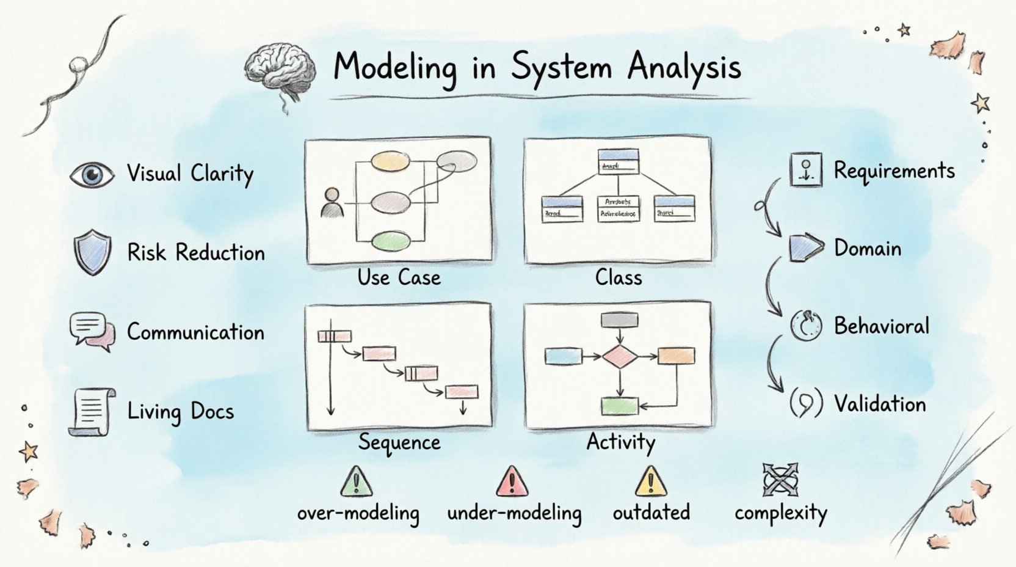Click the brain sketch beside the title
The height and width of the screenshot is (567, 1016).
tap(280, 70)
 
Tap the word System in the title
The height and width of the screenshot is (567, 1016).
tap(562, 67)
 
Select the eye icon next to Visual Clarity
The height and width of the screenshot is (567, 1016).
tap(92, 175)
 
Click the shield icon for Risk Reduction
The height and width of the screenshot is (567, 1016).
tap(92, 252)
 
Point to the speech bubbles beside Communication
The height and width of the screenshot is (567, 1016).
tap(92, 332)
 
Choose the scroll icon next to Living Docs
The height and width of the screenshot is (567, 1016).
tap(92, 412)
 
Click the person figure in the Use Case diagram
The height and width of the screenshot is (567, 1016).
tap(332, 203)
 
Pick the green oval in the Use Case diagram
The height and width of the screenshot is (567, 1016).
tap(391, 241)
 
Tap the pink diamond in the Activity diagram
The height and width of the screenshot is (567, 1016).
tap(620, 356)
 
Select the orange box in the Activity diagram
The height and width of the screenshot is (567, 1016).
tap(676, 356)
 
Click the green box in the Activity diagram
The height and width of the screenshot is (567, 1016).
tap(620, 406)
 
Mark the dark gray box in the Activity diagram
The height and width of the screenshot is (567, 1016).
tap(620, 320)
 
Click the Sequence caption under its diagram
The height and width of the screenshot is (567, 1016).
tap(399, 442)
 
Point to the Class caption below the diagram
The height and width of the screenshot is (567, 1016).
tap(619, 278)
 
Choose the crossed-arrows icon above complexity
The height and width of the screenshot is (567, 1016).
tap(780, 480)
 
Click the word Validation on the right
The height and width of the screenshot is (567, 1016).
tap(880, 404)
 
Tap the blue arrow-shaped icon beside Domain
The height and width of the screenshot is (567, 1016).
tap(805, 247)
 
